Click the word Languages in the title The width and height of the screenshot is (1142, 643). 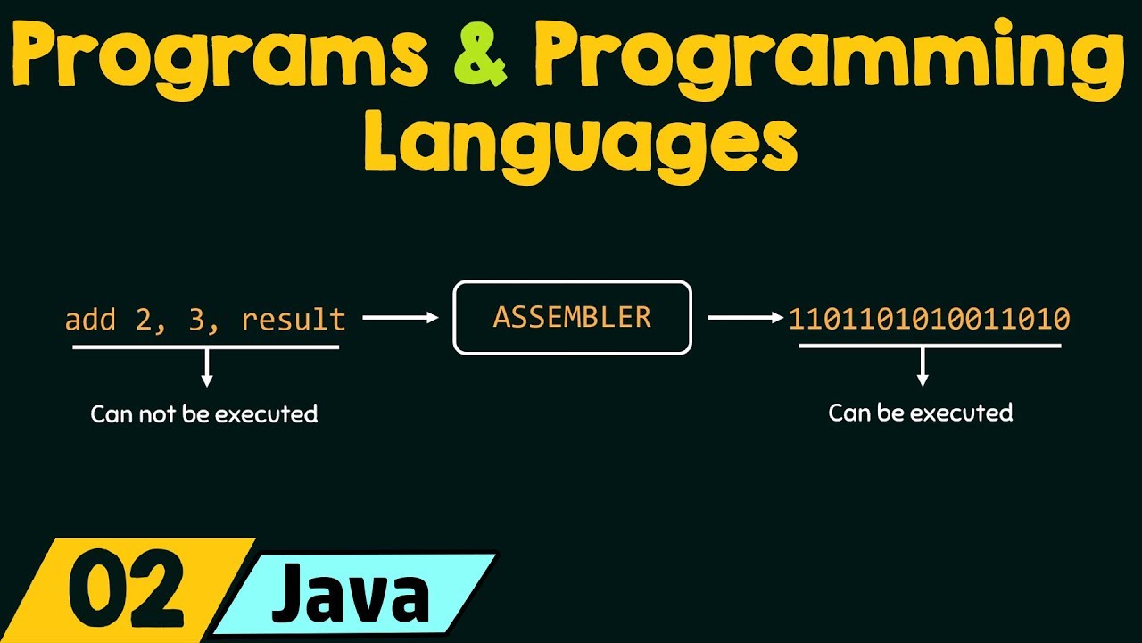pos(580,143)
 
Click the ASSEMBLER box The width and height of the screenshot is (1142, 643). pos(572,318)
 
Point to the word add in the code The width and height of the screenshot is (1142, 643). pos(90,320)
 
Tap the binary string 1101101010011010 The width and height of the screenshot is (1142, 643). pos(929,319)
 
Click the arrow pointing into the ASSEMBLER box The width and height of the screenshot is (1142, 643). pos(401,317)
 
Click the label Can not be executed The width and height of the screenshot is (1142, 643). pos(204,414)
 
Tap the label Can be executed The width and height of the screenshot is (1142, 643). pos(921,413)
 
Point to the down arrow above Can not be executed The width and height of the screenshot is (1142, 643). pos(207,367)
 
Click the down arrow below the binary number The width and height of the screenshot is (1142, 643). pos(923,366)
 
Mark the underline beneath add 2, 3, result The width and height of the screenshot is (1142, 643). pos(205,347)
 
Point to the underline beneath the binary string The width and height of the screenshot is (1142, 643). pos(930,345)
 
